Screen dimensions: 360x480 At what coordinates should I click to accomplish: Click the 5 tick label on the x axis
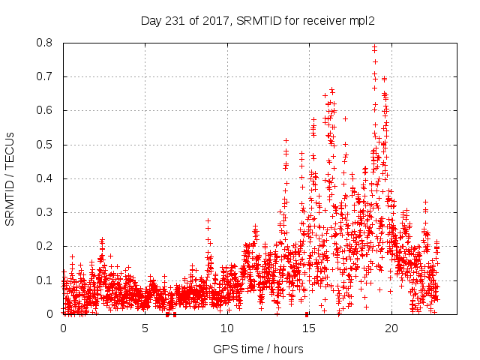(x=145, y=328)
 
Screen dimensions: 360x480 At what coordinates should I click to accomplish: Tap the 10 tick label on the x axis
(x=226, y=328)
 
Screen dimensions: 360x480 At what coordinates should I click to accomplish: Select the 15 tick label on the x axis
(x=308, y=328)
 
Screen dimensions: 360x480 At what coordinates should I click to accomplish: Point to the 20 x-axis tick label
(x=390, y=328)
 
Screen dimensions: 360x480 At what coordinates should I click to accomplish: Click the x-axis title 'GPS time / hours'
(x=258, y=349)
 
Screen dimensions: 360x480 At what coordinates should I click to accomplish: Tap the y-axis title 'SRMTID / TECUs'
(x=10, y=178)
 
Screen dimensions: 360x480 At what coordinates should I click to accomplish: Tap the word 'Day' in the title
(x=151, y=19)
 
